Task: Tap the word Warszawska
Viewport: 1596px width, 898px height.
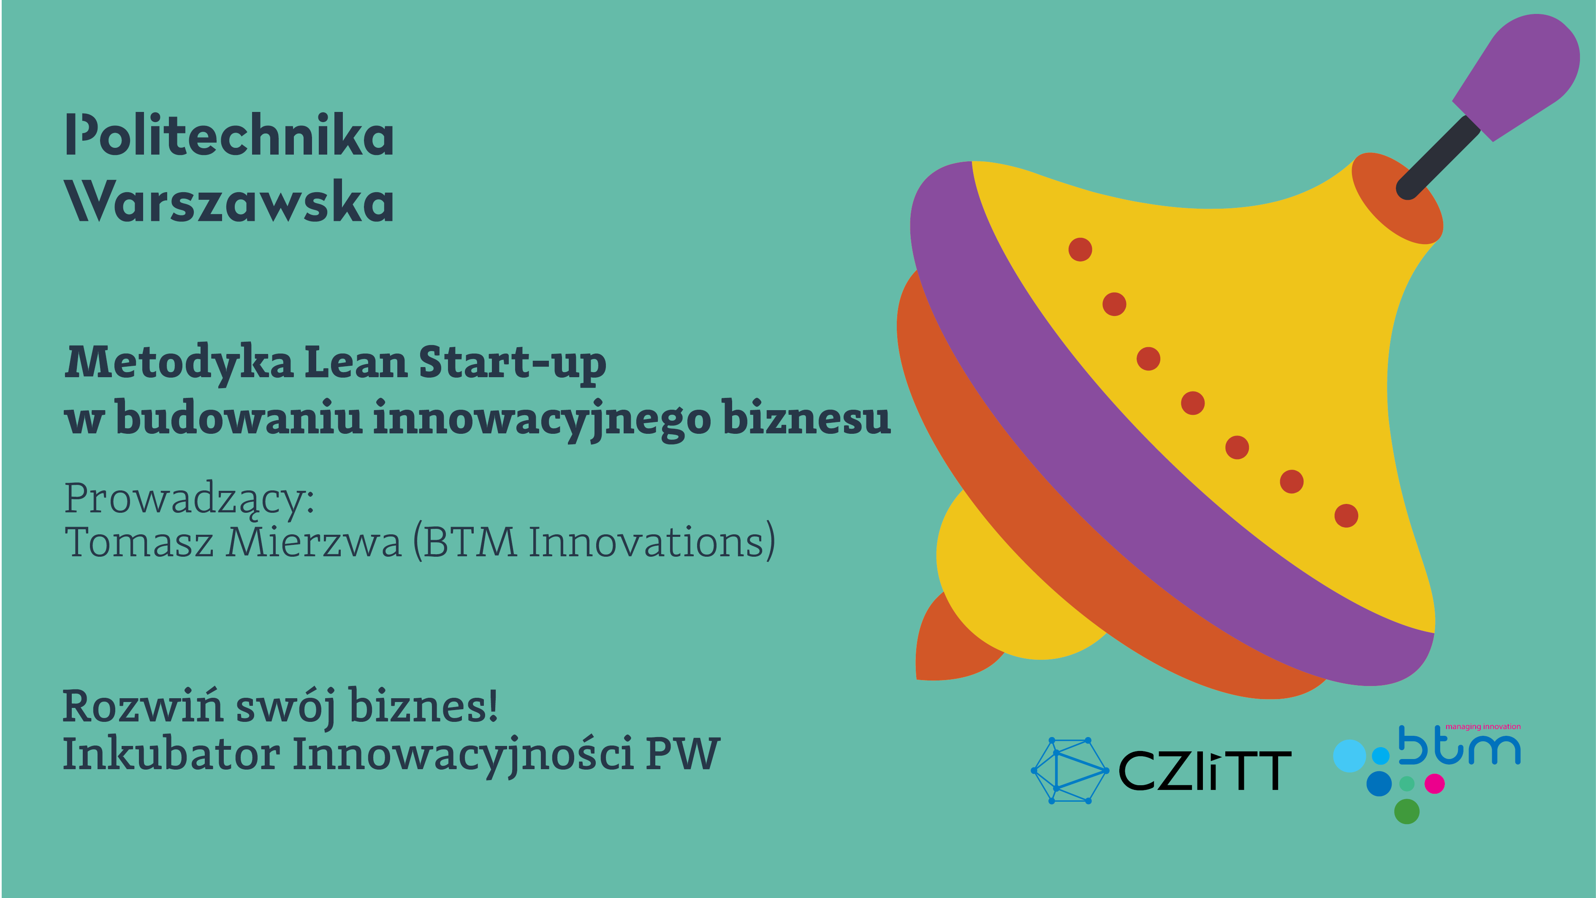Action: point(229,201)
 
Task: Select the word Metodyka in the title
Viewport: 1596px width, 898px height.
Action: point(179,364)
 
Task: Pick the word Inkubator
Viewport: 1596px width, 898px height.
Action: point(171,754)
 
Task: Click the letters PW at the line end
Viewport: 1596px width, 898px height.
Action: point(682,754)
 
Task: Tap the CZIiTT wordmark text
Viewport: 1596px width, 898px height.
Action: point(1205,771)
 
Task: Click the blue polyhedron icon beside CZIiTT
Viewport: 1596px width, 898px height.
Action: point(1069,771)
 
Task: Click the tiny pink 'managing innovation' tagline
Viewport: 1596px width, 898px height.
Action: point(1482,727)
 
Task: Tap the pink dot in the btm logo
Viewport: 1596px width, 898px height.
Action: point(1435,784)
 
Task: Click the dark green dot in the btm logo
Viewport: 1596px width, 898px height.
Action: point(1406,811)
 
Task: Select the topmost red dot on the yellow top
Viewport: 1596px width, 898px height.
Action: point(1080,250)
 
